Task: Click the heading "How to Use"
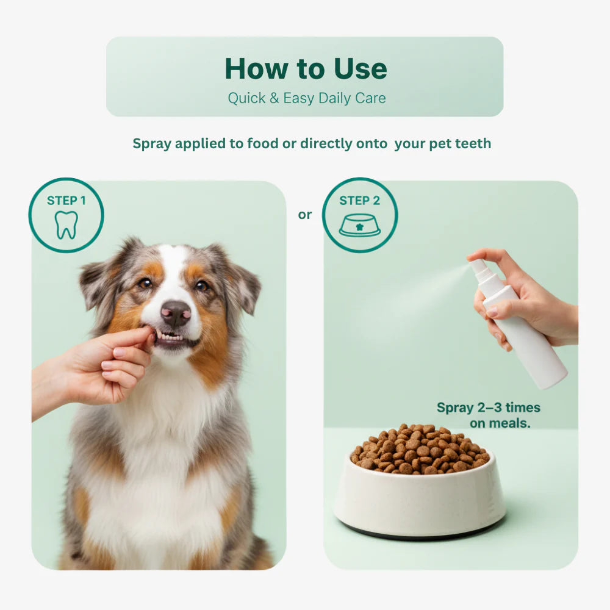[306, 68]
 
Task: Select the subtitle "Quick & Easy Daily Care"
[307, 98]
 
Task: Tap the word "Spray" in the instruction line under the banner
[152, 143]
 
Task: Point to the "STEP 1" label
[66, 200]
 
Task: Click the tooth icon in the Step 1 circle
[66, 225]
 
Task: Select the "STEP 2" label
[359, 200]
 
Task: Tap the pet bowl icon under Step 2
[359, 225]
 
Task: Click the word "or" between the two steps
[305, 214]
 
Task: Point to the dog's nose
[176, 313]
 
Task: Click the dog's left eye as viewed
[145, 283]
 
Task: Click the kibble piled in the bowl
[420, 450]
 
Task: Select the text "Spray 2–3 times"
[488, 407]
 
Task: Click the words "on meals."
[500, 423]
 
